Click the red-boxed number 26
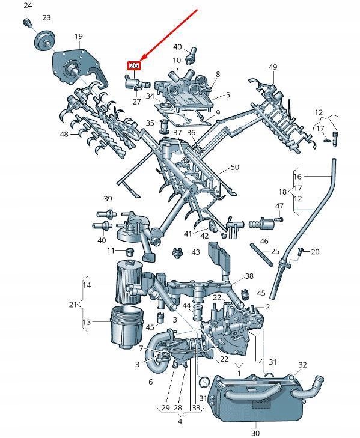tap(133, 65)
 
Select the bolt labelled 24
tap(27, 23)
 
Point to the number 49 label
tap(273, 67)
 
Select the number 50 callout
tap(234, 167)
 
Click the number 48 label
tap(64, 134)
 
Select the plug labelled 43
tap(177, 252)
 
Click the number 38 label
tap(249, 277)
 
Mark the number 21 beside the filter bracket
tap(73, 305)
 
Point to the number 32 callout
tap(302, 365)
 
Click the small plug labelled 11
tap(127, 250)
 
